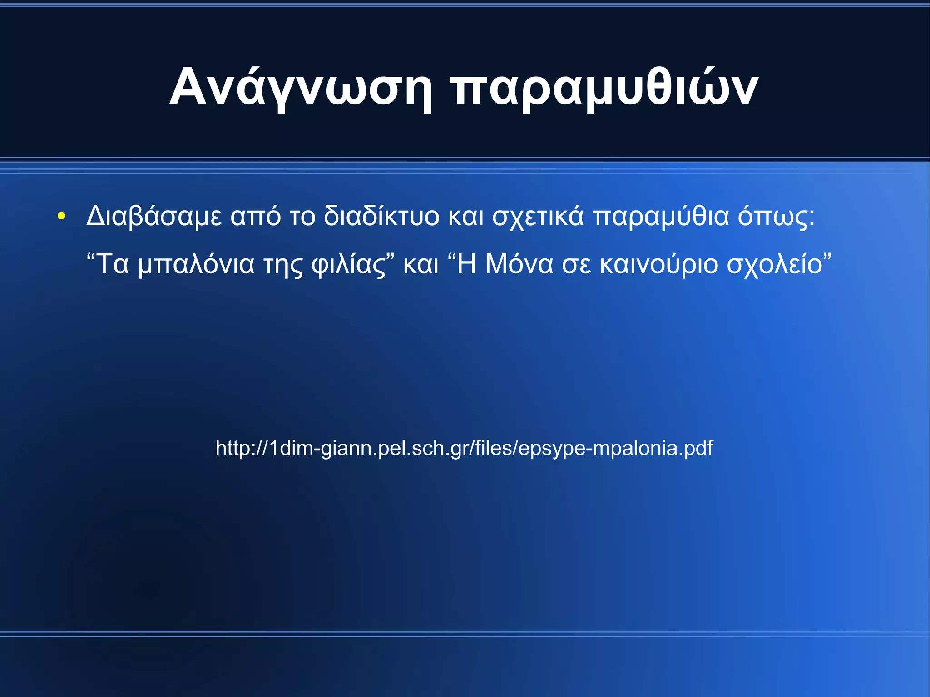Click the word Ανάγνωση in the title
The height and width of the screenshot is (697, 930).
coord(300,87)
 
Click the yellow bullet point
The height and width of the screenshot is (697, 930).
coord(61,216)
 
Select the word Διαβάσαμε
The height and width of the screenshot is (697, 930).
coord(154,216)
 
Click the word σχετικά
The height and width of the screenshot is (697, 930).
coord(538,217)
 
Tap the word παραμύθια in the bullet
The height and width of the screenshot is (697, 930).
coord(661,216)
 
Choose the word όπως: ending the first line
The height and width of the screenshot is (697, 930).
coord(776,217)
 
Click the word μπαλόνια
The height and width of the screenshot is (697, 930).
coord(196,264)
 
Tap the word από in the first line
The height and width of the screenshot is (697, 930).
coord(255,216)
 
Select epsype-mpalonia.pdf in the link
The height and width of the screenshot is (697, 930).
coord(615,449)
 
